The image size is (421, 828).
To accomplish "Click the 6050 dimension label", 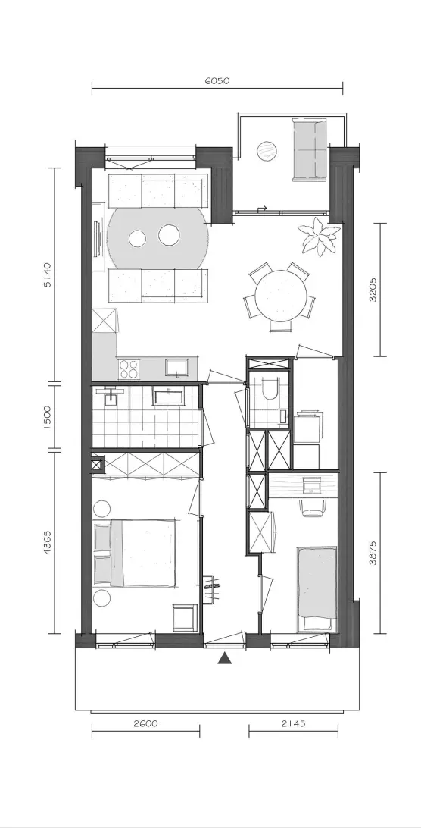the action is coord(217,81).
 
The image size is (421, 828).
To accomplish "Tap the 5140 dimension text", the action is coord(48,274).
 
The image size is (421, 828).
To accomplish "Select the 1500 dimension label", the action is coord(48,418).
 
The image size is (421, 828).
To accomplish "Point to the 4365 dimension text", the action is coord(48,542).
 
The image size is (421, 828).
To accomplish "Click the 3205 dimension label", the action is coord(373,290).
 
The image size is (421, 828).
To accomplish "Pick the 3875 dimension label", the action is coord(373,552).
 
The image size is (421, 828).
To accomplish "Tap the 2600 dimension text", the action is coord(145,724).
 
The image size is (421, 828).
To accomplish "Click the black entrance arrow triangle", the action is coord(226,657).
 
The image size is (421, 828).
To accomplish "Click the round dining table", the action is coord(280,296).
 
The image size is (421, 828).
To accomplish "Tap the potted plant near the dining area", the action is coord(319,237).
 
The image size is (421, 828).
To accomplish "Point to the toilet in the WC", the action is coord(269,389).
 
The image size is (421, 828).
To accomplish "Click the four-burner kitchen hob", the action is coord(128,368).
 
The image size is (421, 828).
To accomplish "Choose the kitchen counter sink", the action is coord(176,367).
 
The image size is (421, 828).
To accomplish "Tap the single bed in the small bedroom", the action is coord(317,589).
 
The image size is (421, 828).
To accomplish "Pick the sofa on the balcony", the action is coord(310,150).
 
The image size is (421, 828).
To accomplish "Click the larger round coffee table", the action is coord(170,236).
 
